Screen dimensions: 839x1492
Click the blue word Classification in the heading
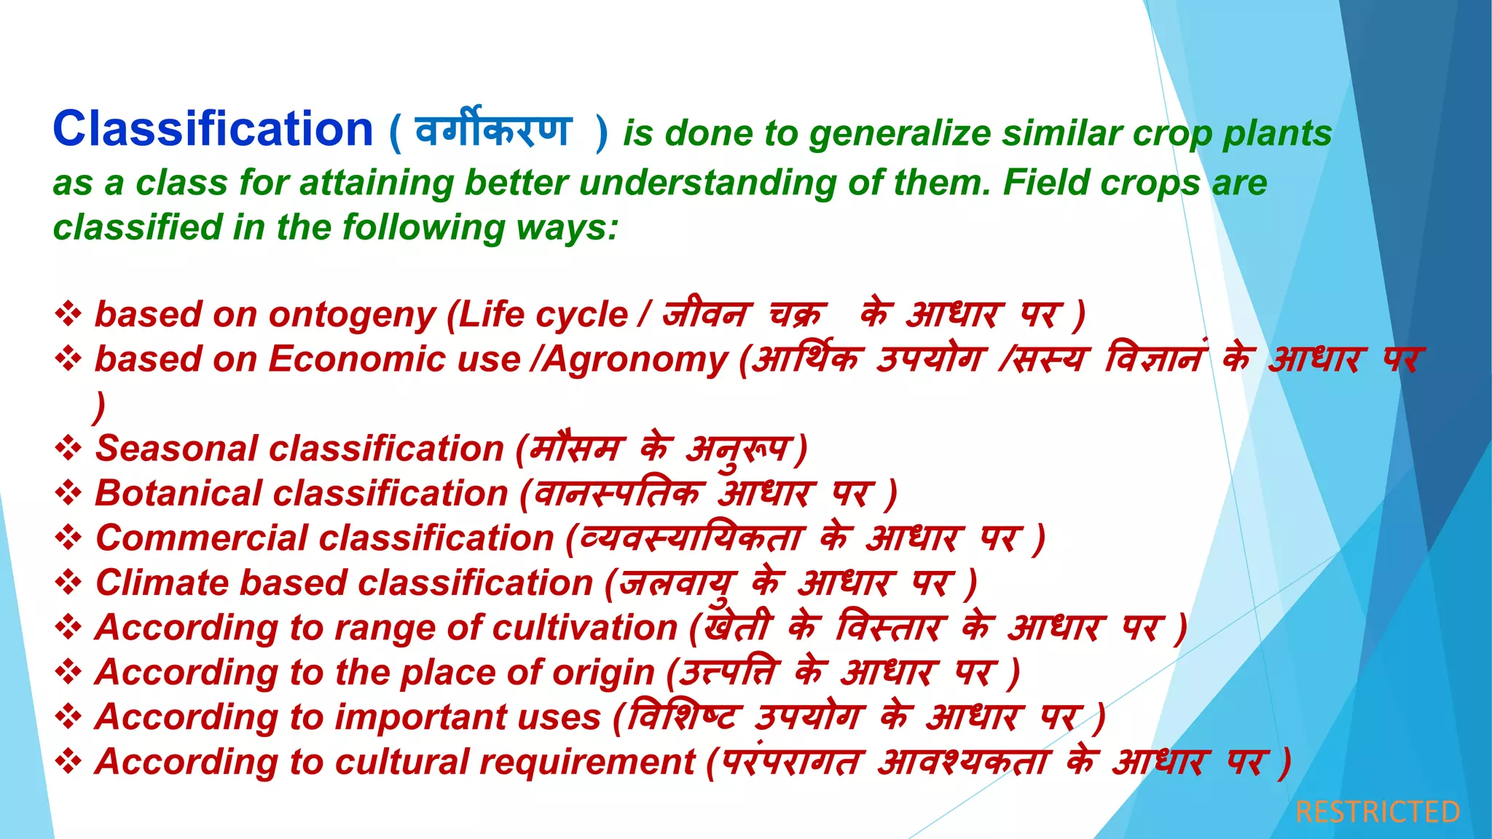213,130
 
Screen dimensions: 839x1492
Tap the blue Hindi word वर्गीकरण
493,131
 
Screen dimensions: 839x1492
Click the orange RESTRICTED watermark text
1378,811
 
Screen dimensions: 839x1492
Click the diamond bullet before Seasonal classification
68,449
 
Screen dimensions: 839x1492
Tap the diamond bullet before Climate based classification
68,583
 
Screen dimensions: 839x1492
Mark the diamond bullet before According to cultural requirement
68,762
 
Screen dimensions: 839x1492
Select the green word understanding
707,183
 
